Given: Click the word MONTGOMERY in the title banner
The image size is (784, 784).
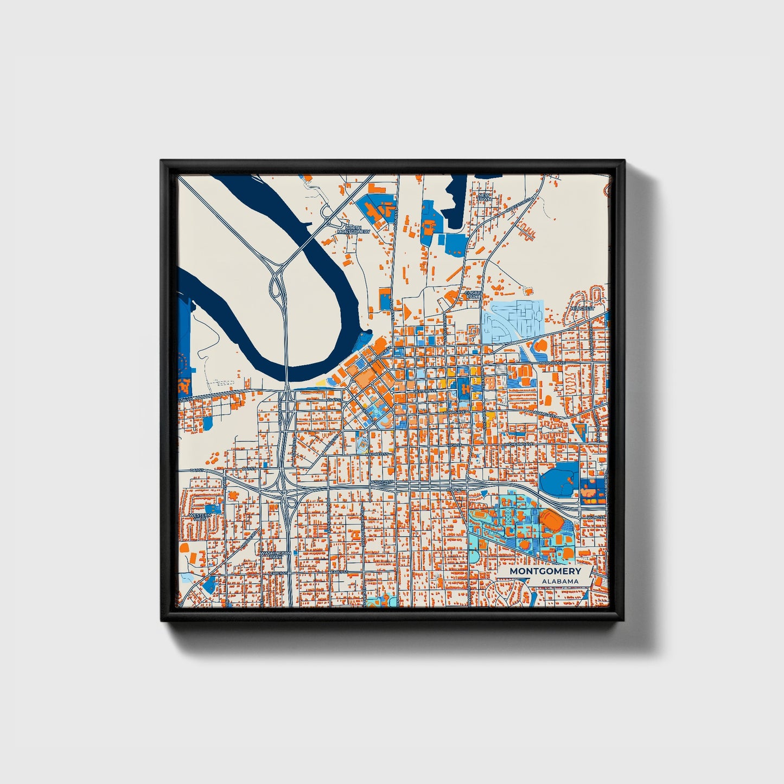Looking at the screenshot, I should tap(545, 571).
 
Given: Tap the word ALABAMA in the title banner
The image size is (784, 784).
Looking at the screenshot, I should tap(559, 581).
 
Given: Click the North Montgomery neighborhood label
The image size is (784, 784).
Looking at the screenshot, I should tap(353, 230).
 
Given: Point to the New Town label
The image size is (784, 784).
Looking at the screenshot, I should tap(484, 196).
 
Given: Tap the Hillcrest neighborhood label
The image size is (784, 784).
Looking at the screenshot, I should tap(582, 308).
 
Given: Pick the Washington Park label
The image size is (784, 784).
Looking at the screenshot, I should tap(275, 555).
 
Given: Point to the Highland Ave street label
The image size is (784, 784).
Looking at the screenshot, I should tap(520, 444).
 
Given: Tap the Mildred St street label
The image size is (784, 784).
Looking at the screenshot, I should tap(377, 454).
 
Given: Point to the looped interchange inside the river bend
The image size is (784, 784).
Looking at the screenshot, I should tap(278, 285).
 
